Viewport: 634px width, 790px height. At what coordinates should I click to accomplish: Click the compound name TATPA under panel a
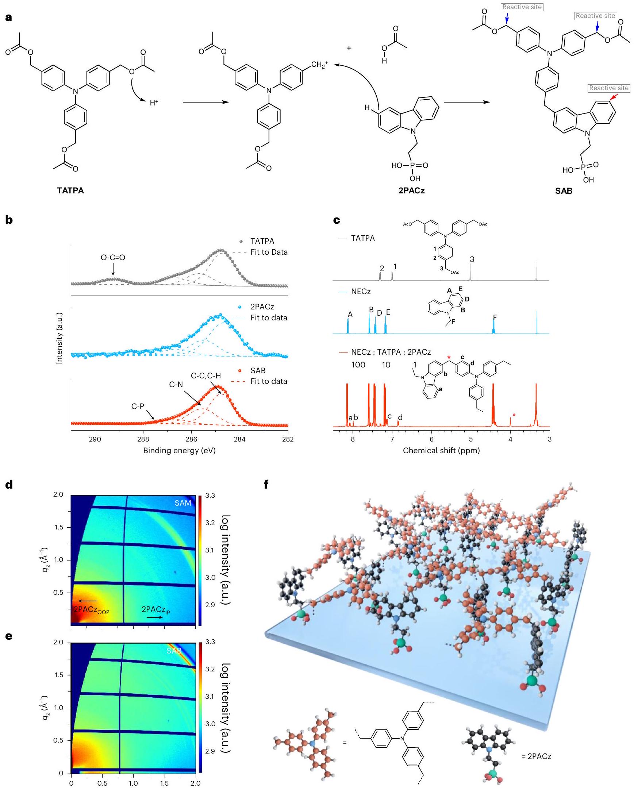coord(70,190)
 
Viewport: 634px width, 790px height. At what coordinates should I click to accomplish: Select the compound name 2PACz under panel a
coord(412,190)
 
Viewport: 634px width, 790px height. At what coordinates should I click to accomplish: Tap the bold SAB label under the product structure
coord(564,191)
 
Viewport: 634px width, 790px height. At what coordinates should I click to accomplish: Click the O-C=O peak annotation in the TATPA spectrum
coord(113,258)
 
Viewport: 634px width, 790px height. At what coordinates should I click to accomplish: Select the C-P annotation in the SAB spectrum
coord(138,406)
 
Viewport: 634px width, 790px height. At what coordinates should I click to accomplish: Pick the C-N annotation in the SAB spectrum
coord(176,384)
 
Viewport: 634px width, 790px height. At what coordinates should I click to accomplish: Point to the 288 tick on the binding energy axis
coord(143,439)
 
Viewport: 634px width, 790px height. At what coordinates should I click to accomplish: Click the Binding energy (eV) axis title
coord(179,450)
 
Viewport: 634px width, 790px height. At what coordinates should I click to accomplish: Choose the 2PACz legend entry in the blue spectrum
coord(262,307)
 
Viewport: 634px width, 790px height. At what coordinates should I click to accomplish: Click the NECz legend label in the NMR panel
coord(361,292)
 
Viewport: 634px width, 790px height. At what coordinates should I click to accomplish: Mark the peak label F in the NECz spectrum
coord(495,317)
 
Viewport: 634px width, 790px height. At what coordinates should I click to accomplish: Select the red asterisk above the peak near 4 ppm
coord(514,415)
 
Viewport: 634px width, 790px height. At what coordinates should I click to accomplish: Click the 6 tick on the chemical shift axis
coord(431,439)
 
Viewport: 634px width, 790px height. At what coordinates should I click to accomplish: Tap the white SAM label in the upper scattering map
coord(182,503)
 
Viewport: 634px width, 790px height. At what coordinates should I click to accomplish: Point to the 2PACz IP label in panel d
coord(156,610)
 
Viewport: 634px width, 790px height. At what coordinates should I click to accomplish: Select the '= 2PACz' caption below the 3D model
coord(537,756)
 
